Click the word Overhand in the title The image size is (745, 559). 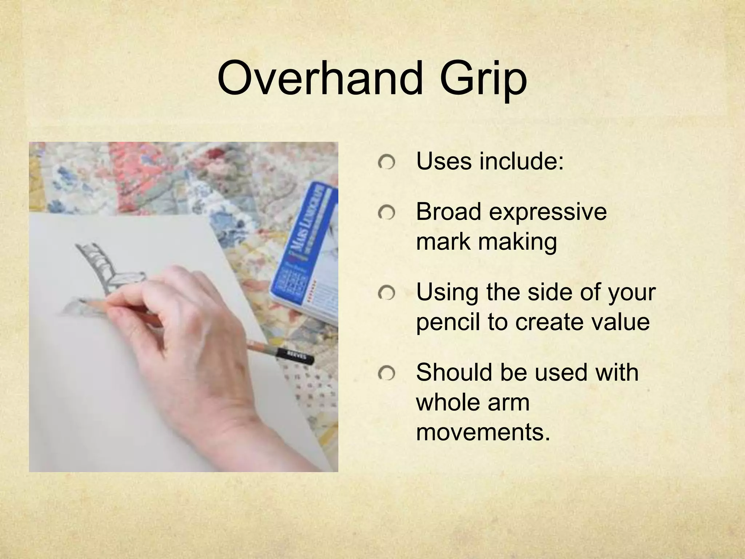click(x=320, y=78)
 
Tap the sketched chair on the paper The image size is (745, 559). click(x=109, y=269)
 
